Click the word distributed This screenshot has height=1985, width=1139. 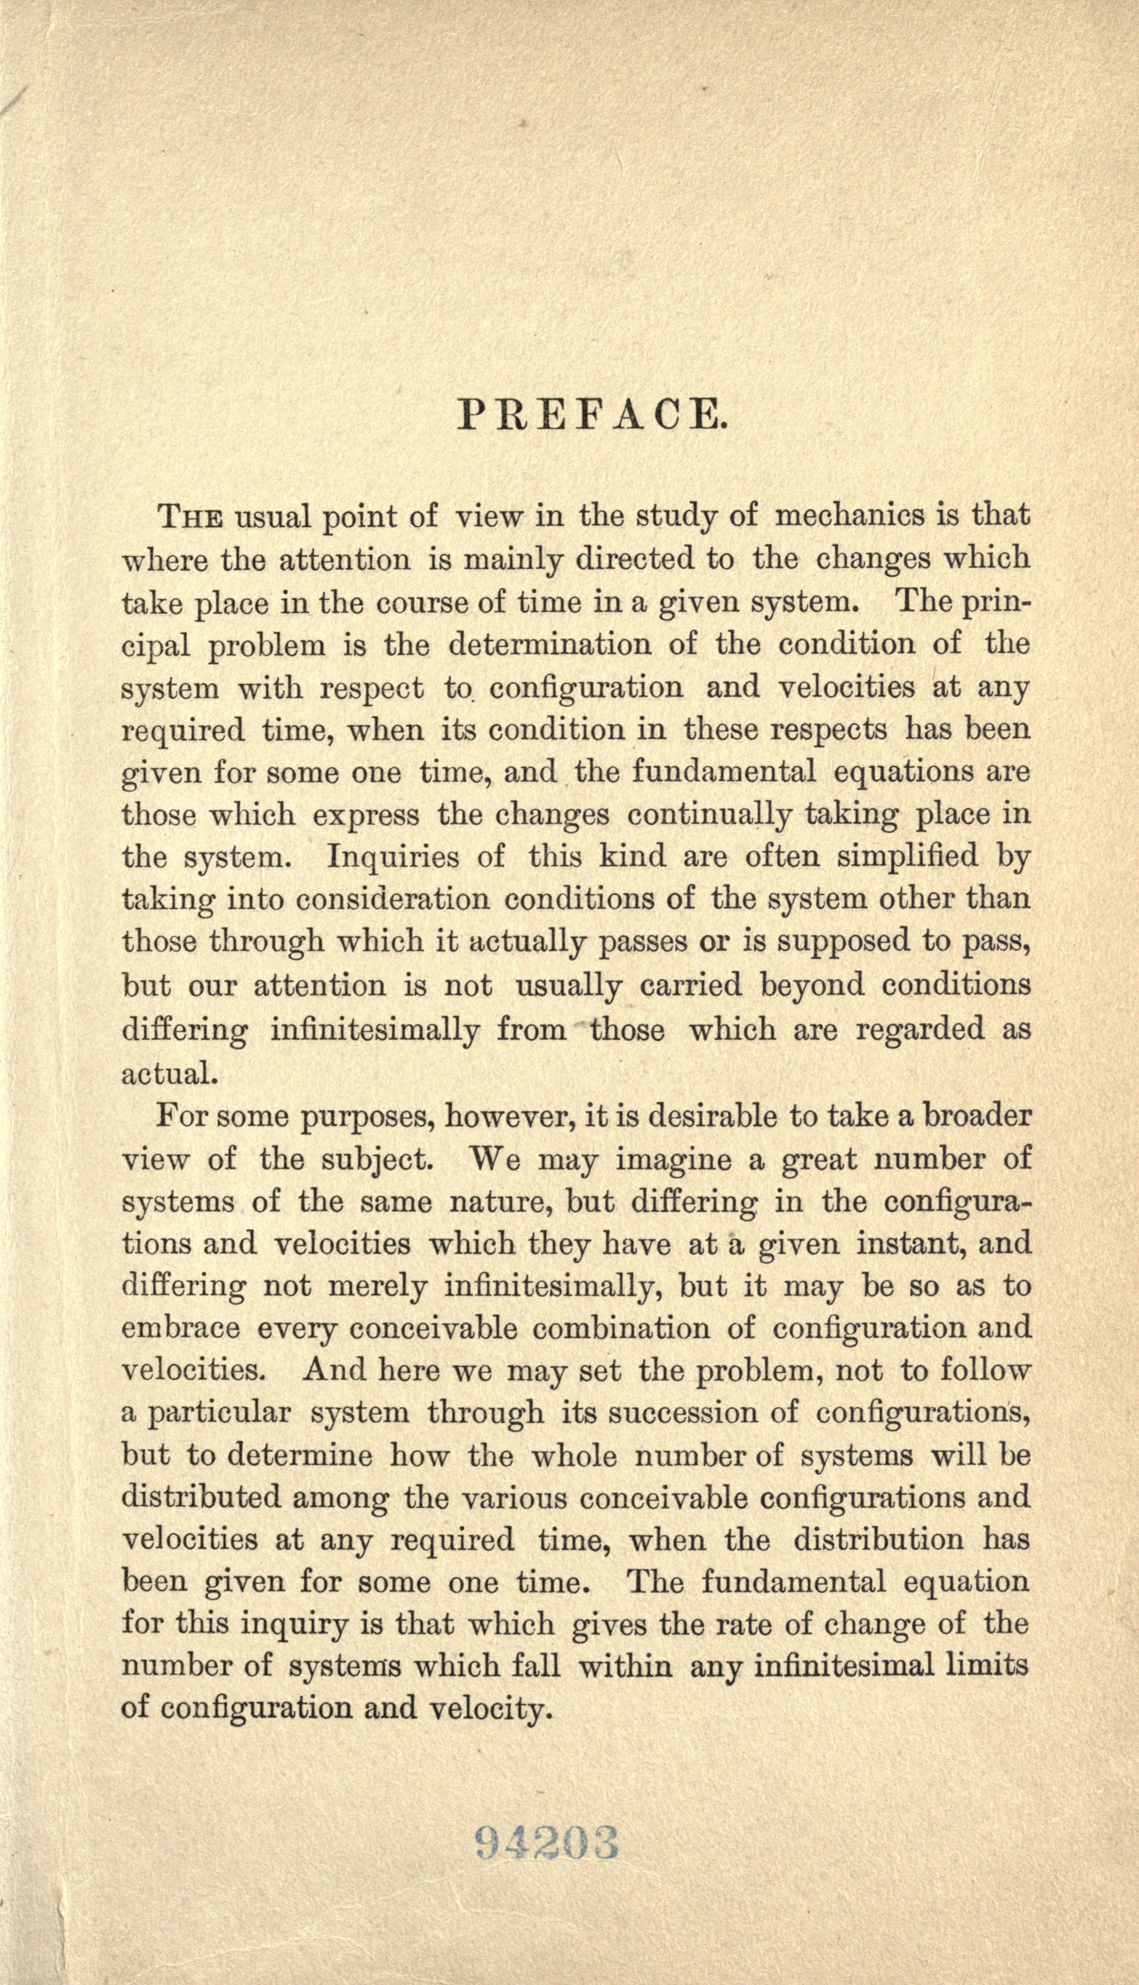(201, 1498)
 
